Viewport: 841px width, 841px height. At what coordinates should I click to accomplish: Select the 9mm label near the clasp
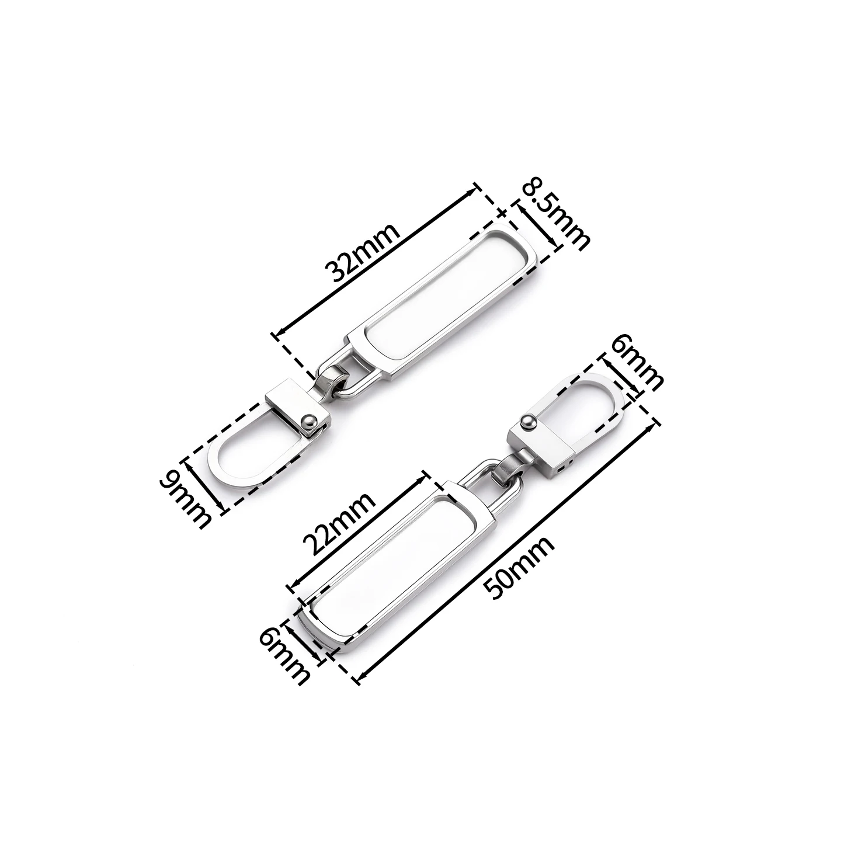pos(185,500)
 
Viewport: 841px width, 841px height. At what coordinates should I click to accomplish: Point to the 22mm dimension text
pos(339,524)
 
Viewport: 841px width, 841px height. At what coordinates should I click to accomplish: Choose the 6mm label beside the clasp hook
pos(637,365)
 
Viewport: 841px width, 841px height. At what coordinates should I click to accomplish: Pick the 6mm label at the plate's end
pos(284,654)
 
